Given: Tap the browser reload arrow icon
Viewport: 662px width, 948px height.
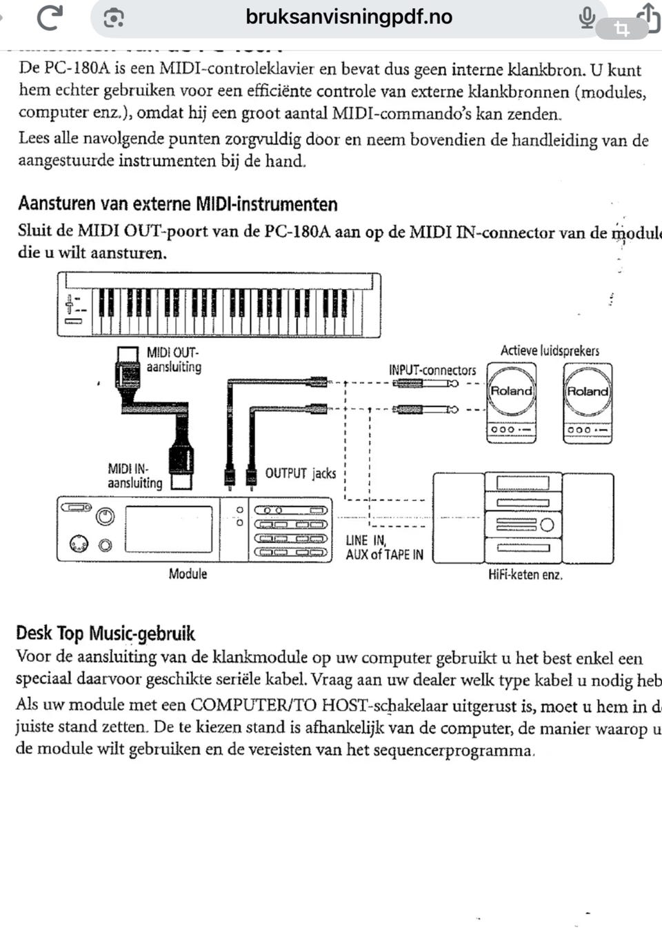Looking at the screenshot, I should tap(50, 17).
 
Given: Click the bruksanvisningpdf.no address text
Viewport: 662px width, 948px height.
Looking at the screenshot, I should tap(349, 17).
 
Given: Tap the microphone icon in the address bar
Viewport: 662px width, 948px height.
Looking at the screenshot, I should tap(587, 17).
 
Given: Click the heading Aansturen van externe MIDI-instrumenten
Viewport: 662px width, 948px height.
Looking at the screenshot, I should tap(178, 204).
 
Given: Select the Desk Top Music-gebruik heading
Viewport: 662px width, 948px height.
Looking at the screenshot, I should tap(106, 633).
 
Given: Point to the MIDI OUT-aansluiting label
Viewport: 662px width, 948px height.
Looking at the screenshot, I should tap(173, 359).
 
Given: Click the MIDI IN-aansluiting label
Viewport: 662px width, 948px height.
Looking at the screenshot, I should tap(134, 476).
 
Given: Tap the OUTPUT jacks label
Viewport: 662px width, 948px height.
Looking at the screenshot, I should tap(301, 473).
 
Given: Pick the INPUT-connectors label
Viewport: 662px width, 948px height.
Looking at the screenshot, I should tap(432, 371).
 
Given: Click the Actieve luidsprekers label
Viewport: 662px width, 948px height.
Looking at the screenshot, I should tap(550, 350).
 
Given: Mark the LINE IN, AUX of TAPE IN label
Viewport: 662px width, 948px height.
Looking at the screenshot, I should tap(384, 547).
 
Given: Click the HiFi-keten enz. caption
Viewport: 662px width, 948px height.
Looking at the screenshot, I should tap(525, 575).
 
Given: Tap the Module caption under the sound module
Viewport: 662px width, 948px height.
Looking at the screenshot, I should tap(188, 574).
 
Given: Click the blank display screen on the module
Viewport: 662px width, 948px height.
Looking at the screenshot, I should tap(168, 529).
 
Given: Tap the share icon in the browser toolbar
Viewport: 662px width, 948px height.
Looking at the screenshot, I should tap(648, 17).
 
